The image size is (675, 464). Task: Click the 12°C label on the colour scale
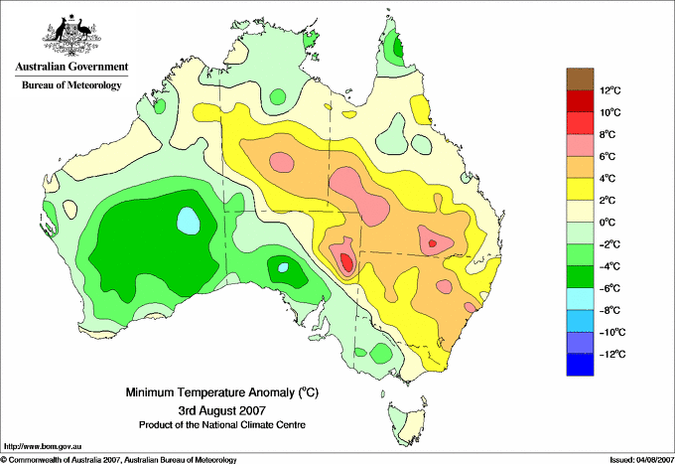click(x=610, y=90)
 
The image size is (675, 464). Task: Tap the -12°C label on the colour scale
click(x=612, y=354)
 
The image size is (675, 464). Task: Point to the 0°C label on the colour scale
click(x=607, y=223)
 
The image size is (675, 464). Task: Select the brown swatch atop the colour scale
click(x=580, y=78)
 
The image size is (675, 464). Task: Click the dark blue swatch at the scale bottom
click(x=580, y=365)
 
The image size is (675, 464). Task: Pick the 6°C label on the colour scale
click(x=607, y=156)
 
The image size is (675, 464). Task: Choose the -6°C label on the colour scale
click(x=610, y=288)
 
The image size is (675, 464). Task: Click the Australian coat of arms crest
click(x=71, y=35)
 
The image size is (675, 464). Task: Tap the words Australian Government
click(x=71, y=67)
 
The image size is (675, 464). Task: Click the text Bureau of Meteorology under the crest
click(x=71, y=84)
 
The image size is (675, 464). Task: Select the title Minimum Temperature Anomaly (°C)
click(x=222, y=392)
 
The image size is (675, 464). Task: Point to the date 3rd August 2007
click(x=222, y=409)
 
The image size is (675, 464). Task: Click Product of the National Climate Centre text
click(x=222, y=425)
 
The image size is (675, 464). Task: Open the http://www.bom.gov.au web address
click(x=43, y=446)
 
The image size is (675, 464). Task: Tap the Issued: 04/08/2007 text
click(x=642, y=460)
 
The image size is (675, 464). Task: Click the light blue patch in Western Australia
click(x=189, y=221)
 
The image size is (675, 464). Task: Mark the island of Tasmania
click(x=407, y=422)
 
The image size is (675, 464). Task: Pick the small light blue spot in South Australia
click(x=283, y=267)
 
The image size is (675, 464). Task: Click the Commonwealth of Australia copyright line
click(x=119, y=460)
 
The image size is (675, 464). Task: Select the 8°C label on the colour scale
click(x=607, y=134)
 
